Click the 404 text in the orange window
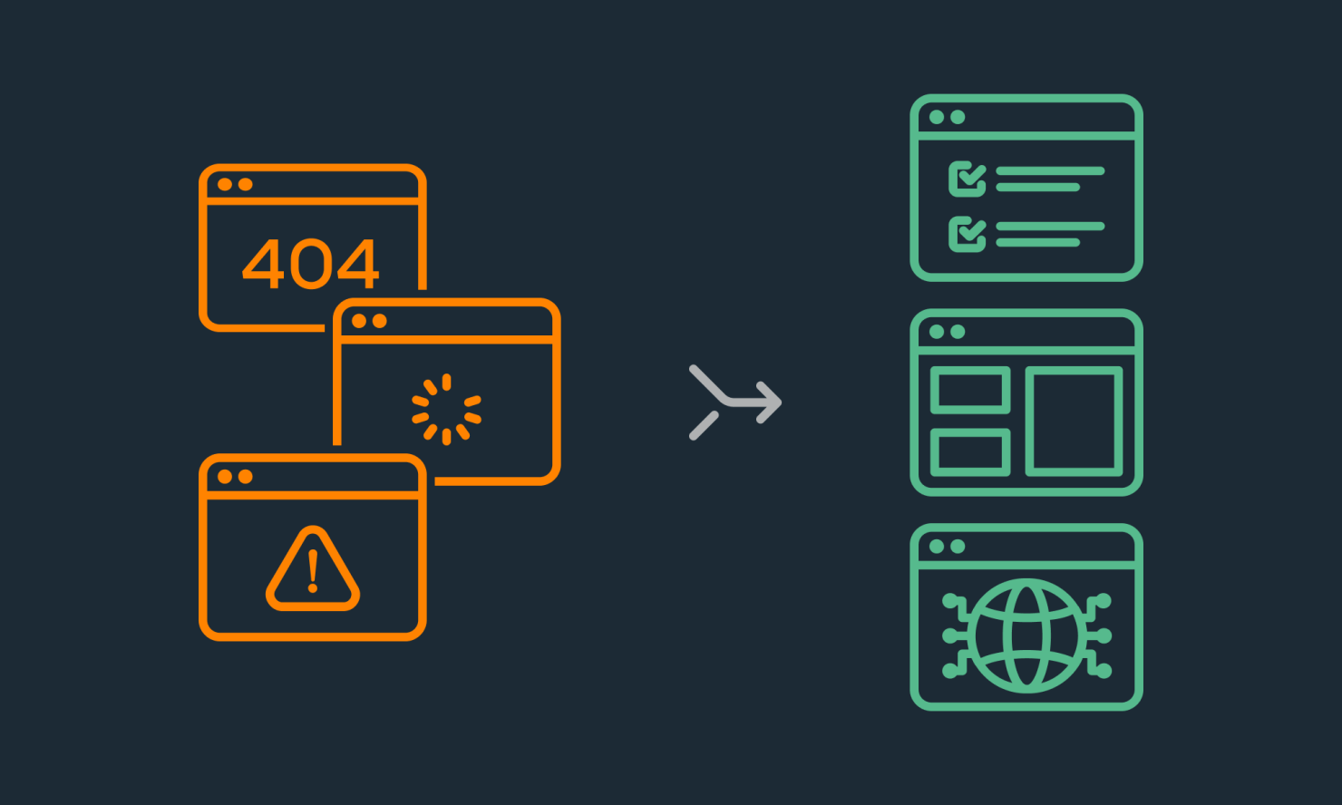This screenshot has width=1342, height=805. click(310, 264)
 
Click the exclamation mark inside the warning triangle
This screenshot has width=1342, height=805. click(313, 571)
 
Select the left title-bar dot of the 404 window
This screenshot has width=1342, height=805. click(225, 184)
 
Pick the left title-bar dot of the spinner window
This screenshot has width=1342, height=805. click(359, 321)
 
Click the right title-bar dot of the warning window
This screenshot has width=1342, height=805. click(246, 476)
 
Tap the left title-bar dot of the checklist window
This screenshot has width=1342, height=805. click(937, 117)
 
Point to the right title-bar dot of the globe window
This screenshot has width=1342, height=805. click(958, 547)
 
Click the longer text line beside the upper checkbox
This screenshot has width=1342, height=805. click(1050, 171)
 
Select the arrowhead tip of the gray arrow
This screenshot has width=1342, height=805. click(781, 402)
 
